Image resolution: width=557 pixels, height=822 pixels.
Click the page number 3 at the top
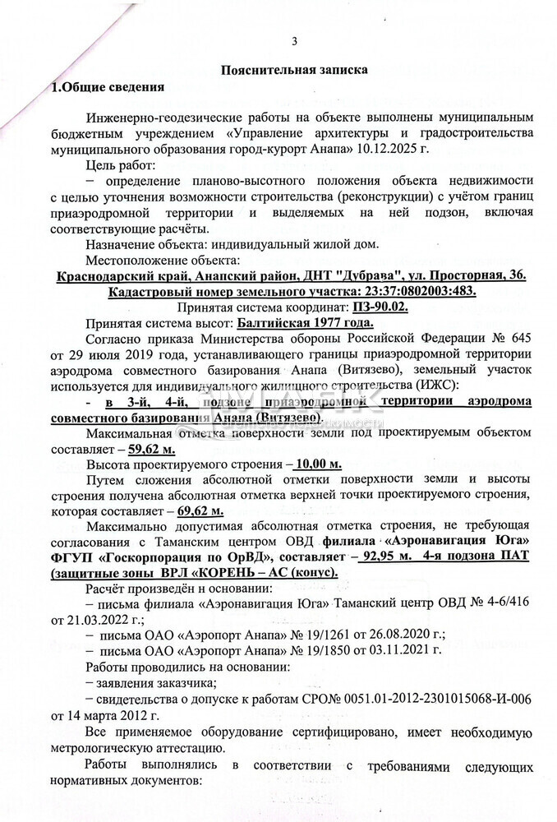point(293,42)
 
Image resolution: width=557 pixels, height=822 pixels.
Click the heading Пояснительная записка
point(294,71)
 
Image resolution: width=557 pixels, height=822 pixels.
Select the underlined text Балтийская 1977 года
point(306,322)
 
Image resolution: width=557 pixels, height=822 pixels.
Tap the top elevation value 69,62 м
point(200,511)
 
